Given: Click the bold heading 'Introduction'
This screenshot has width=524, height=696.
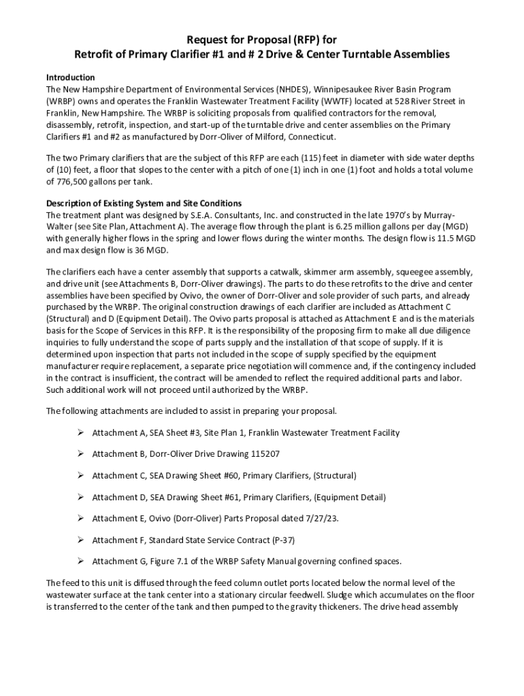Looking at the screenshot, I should click(x=70, y=77).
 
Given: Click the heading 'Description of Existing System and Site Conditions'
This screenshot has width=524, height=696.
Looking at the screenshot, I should click(x=144, y=203).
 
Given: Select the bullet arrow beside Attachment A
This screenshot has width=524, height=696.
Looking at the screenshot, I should click(x=80, y=432).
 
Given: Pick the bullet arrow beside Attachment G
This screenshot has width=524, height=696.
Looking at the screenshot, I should click(x=80, y=561).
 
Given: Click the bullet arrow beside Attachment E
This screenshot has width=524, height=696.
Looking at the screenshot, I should click(x=80, y=519).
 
